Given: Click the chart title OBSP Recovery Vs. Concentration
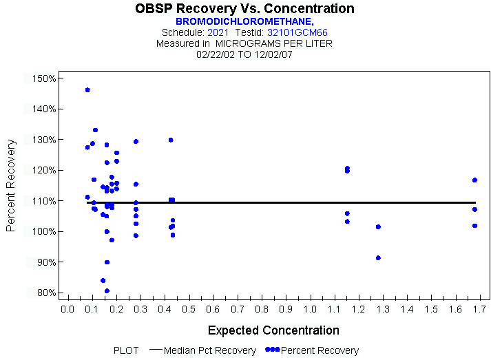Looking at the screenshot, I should pos(245,9).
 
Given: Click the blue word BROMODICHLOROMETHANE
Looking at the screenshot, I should pos(244,21).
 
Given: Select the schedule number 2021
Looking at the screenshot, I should pos(218,32).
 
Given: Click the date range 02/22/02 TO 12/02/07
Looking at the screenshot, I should pos(244,54).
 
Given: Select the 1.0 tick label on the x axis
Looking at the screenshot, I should pos(310,309).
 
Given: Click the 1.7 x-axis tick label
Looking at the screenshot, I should pos(480,309).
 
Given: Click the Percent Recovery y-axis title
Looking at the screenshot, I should pos(11,185).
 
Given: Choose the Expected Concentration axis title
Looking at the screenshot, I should pos(273,330).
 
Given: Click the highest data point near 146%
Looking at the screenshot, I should pos(87,90).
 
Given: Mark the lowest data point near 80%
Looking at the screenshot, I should pos(107,290).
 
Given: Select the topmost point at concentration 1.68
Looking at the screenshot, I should pos(474,180).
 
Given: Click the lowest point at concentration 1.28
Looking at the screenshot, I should pos(378,258).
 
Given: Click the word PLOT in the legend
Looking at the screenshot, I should pos(126,350).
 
